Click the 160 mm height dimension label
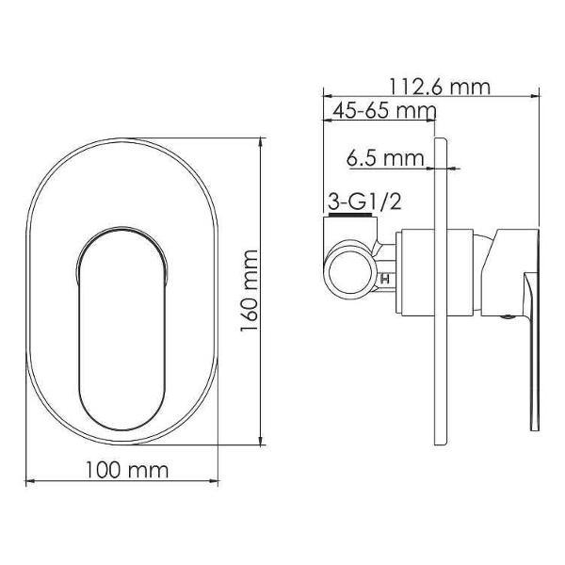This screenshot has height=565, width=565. [x=250, y=291]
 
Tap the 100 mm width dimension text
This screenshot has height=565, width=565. [x=127, y=470]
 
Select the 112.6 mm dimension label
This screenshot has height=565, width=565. [x=440, y=87]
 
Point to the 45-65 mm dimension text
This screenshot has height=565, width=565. [x=384, y=110]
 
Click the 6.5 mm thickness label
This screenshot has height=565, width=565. [x=385, y=158]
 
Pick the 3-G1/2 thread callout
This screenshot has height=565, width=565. [x=364, y=202]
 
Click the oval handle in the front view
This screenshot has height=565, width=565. [x=122, y=329]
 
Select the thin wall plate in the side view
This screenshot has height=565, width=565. [x=442, y=291]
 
